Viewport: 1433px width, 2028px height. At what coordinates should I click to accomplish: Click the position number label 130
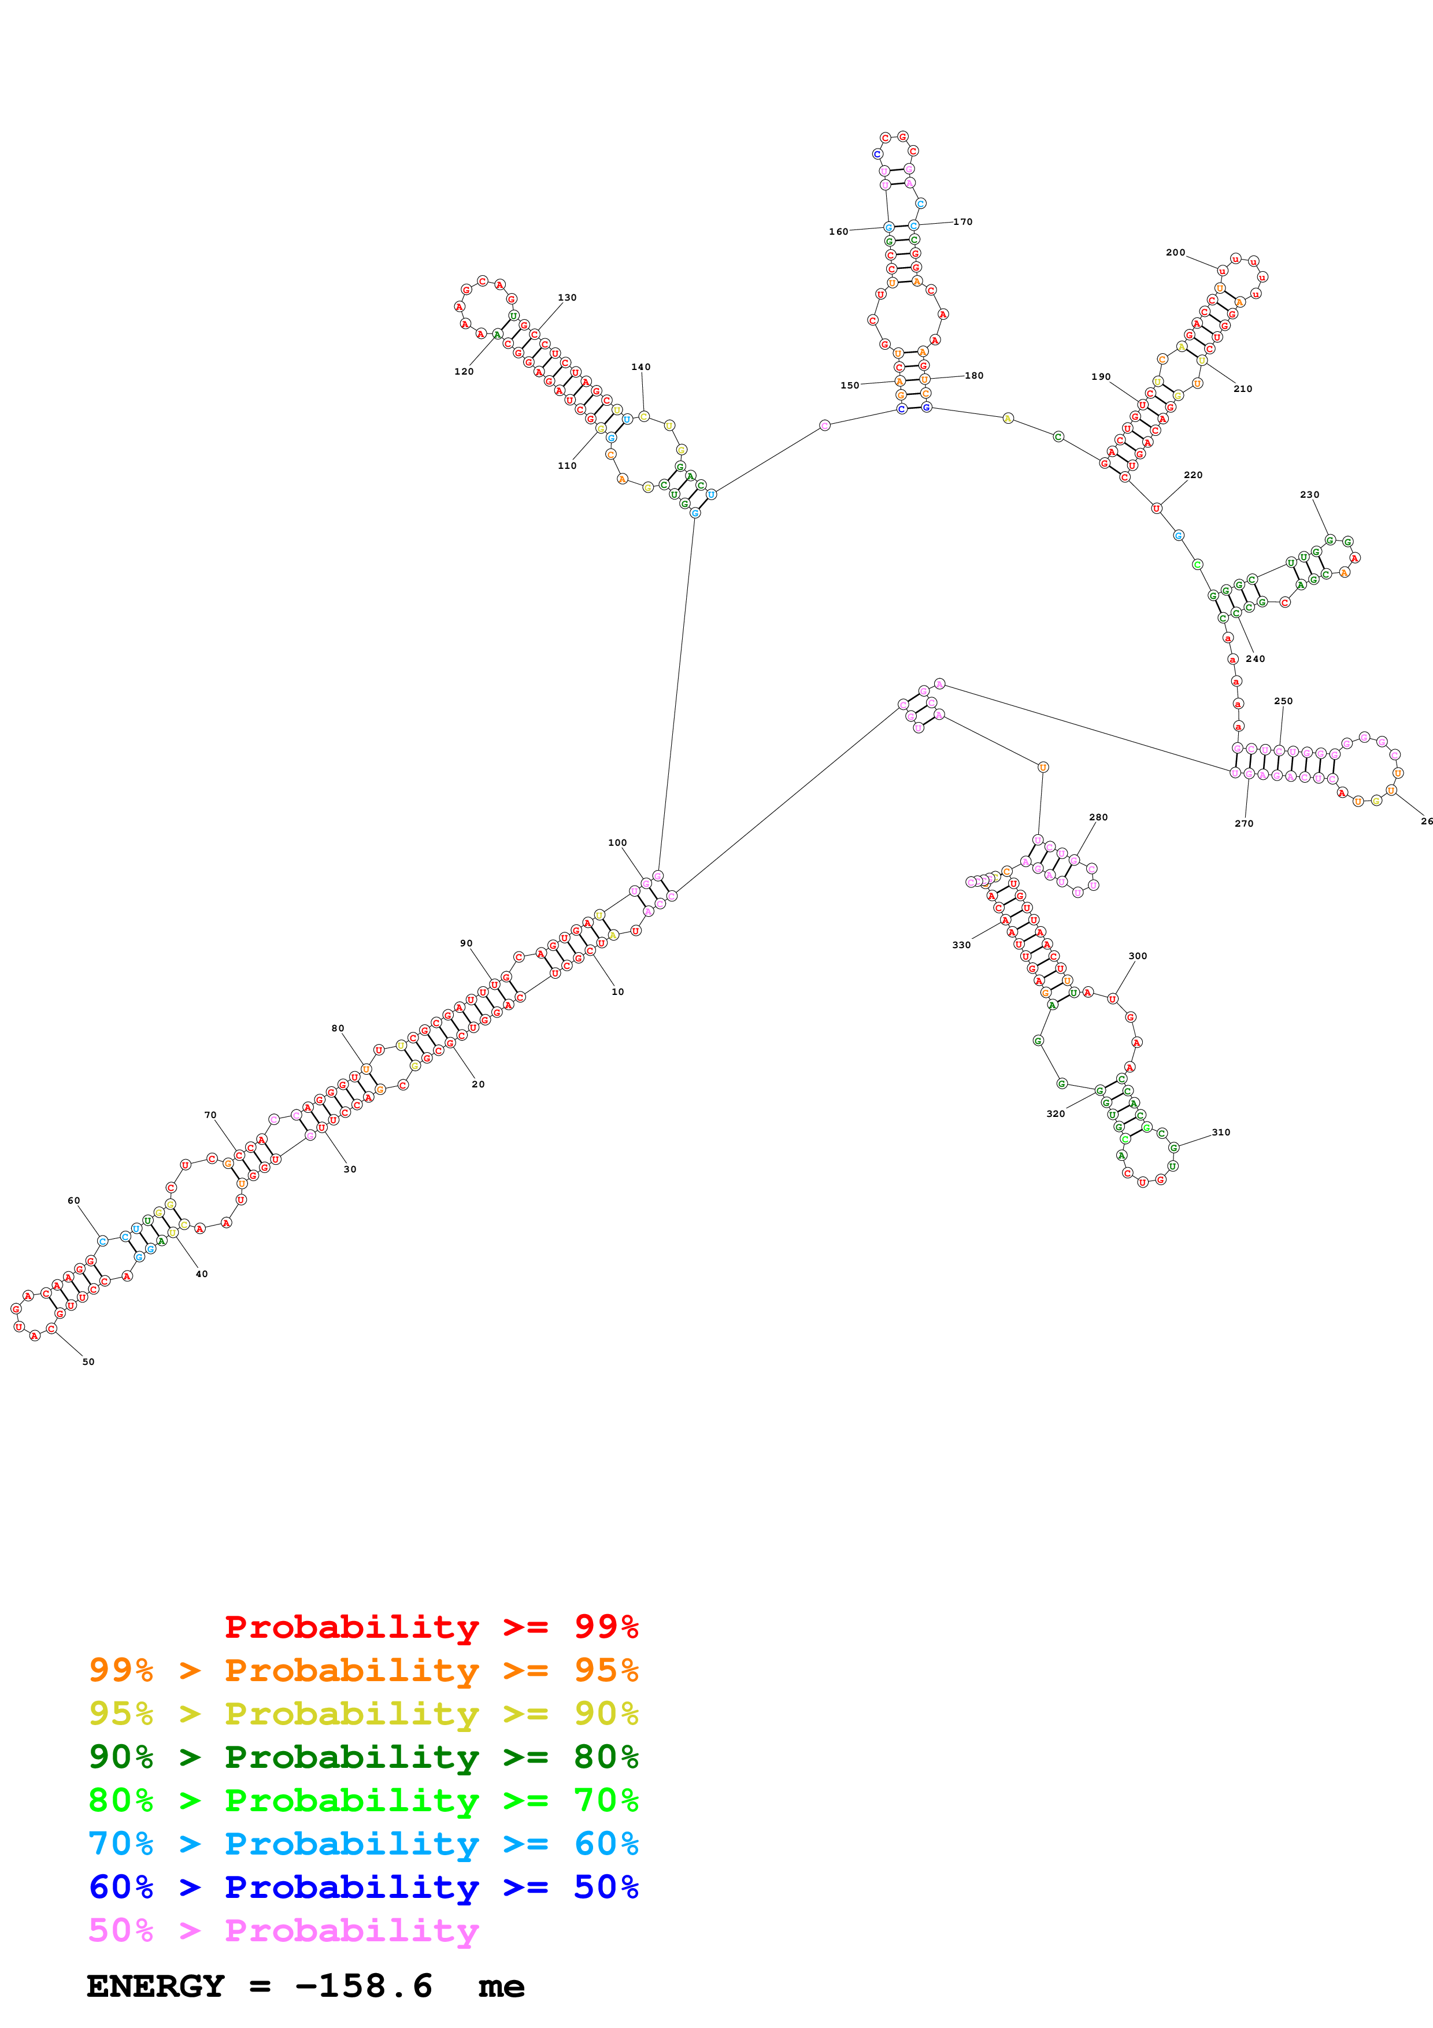coord(567,298)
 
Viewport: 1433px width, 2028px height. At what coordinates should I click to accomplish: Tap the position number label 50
coord(88,1362)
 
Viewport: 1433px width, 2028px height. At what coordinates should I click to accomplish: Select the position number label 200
coord(1175,253)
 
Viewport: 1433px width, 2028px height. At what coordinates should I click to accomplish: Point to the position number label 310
coord(1220,1133)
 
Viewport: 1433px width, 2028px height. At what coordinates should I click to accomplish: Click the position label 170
coord(962,221)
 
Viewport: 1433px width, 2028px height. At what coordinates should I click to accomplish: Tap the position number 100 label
coord(617,843)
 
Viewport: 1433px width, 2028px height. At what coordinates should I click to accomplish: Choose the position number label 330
coord(961,945)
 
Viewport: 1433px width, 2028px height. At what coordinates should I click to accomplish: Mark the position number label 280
coord(1098,817)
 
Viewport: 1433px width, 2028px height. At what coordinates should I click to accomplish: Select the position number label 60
coord(73,1200)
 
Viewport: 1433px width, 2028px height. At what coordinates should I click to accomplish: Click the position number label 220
coord(1193,475)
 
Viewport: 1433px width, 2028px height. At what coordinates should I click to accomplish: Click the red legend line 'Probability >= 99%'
coord(431,1627)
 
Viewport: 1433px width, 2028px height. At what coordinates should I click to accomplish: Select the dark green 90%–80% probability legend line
coord(363,1757)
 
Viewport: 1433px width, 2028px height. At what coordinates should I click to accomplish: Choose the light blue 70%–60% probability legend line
coord(363,1844)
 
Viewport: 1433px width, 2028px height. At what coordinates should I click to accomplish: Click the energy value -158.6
coord(363,1986)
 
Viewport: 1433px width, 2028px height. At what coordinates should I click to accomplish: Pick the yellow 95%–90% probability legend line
coord(363,1714)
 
